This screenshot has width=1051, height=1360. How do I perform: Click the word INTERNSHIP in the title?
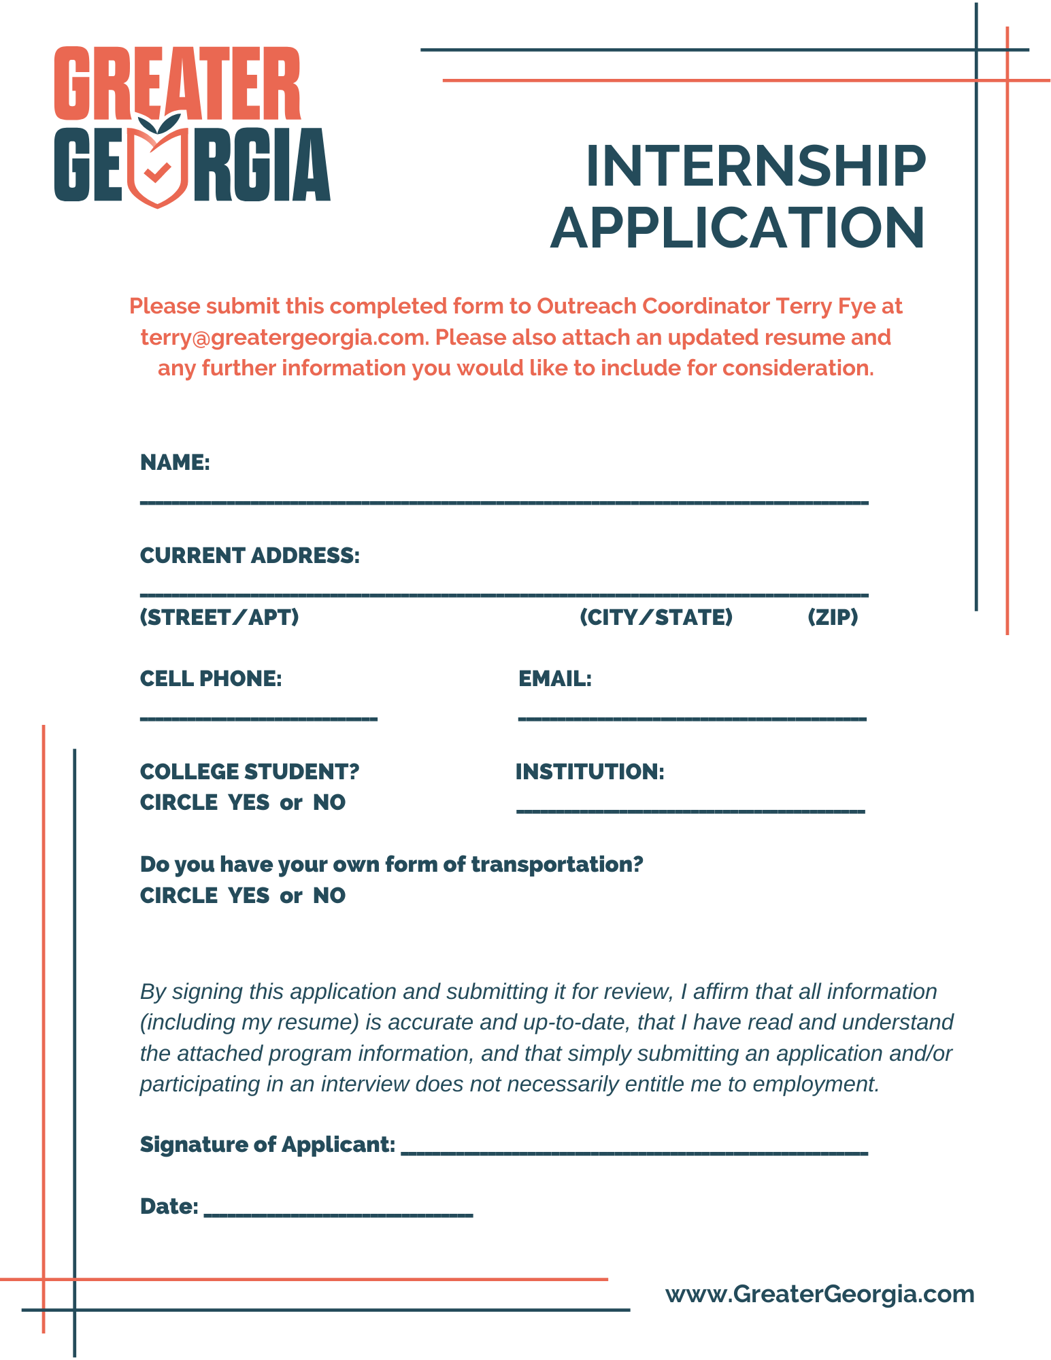[755, 166]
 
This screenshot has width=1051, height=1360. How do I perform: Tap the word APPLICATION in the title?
[737, 228]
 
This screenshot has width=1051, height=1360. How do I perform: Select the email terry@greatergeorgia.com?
[283, 337]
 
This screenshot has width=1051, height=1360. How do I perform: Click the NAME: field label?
[175, 462]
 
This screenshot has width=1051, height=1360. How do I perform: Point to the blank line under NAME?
[503, 502]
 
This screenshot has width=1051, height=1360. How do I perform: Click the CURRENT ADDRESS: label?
[250, 556]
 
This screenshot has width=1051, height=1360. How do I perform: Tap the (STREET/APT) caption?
[219, 617]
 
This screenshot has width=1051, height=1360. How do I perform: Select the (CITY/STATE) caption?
[656, 617]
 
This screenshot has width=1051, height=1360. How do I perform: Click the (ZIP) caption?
[833, 617]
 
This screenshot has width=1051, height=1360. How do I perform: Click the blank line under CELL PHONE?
[258, 718]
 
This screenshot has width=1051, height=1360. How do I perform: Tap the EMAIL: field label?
[555, 679]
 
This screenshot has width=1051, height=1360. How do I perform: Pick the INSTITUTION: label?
[590, 772]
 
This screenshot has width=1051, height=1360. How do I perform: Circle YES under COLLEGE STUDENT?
[249, 802]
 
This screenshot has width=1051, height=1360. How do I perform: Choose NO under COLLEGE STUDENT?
[329, 802]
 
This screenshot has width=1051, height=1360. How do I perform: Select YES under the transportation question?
[249, 896]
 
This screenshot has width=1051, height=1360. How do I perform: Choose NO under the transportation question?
[329, 896]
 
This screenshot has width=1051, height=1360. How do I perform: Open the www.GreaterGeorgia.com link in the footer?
[820, 1294]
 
